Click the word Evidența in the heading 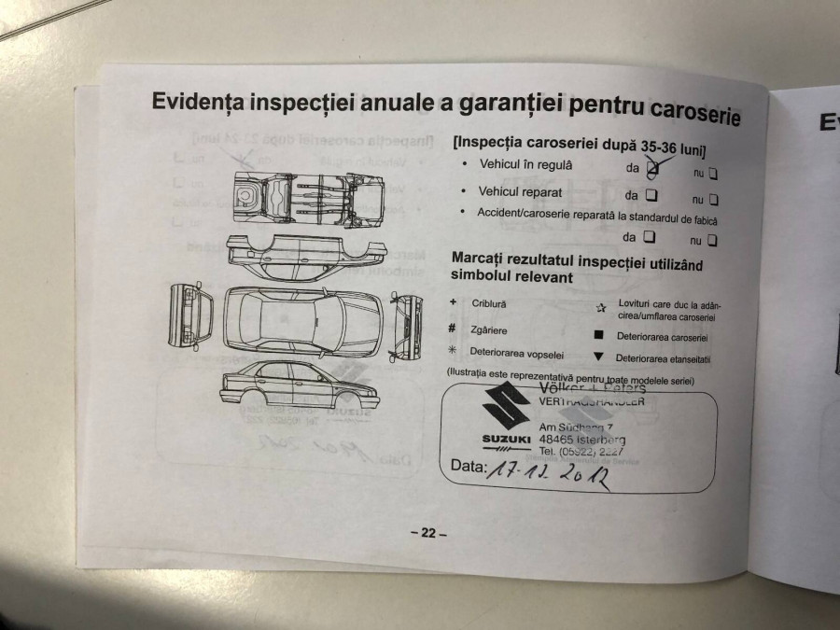208,100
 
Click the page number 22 428,533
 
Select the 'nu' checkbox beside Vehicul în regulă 712,173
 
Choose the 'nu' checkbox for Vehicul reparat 714,199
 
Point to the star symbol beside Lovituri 601,307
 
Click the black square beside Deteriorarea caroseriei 599,336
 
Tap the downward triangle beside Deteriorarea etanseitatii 598,357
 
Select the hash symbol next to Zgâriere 452,328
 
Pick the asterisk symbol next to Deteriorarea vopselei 452,351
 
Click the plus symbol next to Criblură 452,302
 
